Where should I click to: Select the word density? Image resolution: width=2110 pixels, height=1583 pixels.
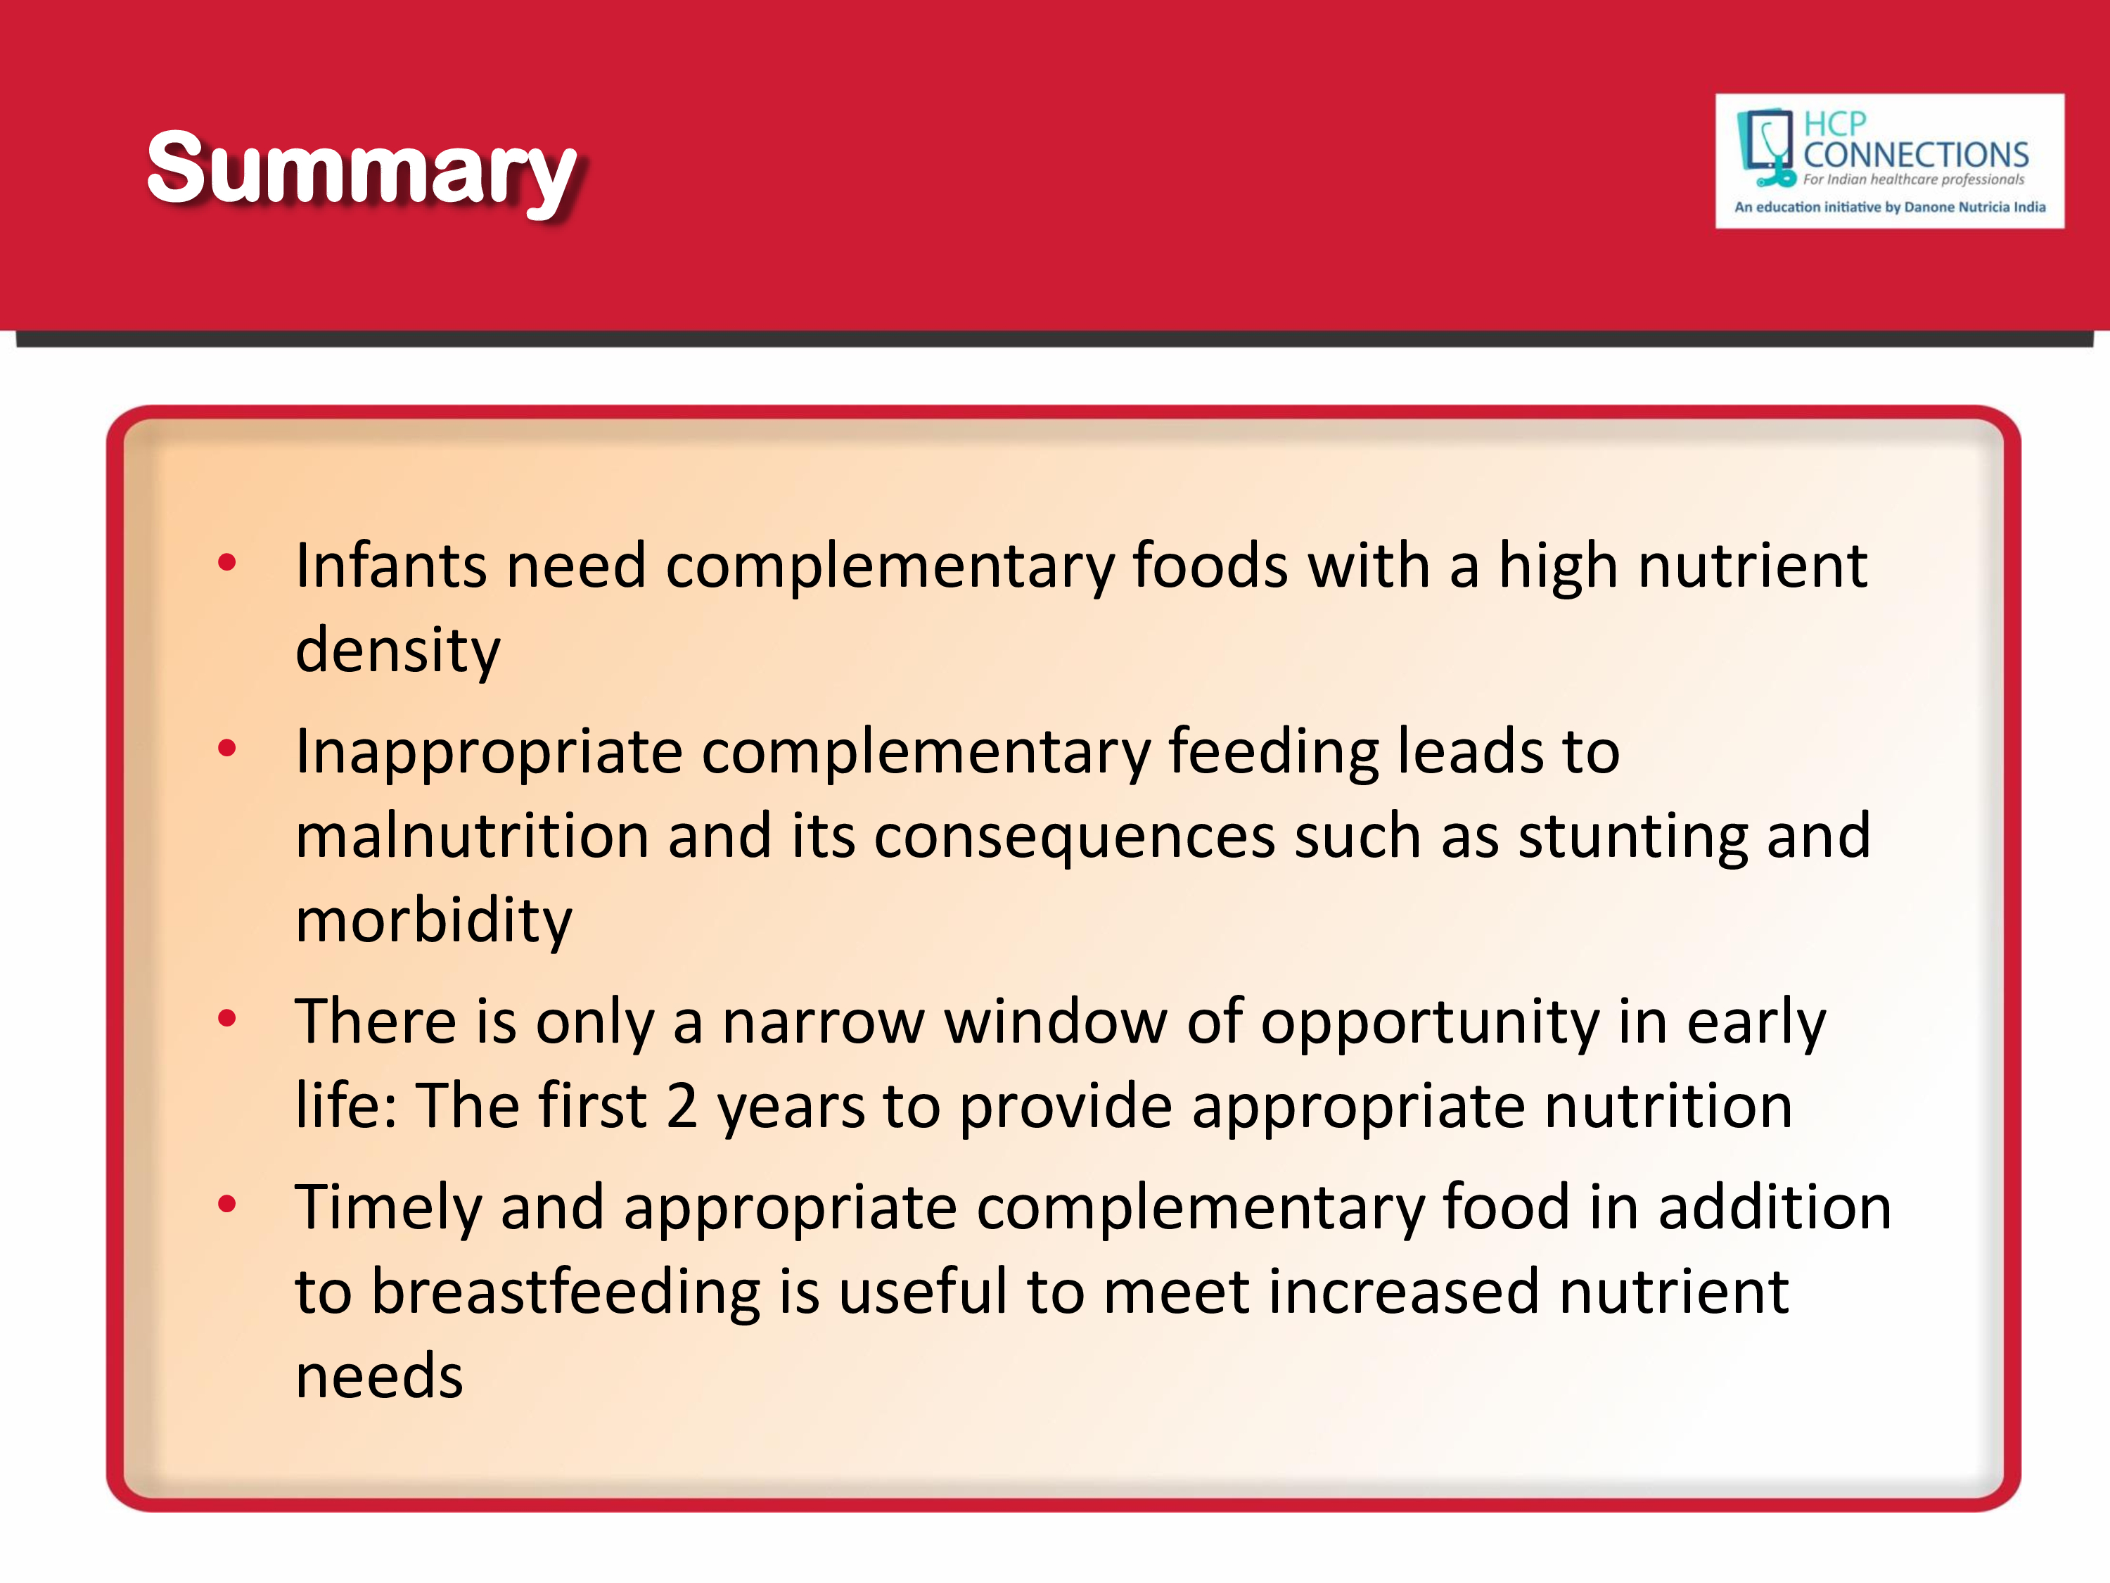click(x=398, y=651)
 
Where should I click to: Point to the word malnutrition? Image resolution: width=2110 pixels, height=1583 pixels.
click(x=472, y=836)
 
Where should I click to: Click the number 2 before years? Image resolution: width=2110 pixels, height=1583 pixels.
click(x=681, y=1107)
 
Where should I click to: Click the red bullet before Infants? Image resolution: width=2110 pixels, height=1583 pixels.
click(x=227, y=562)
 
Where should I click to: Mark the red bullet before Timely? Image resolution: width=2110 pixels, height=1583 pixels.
click(x=227, y=1204)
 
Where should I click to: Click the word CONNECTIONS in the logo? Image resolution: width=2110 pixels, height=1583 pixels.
click(x=1915, y=155)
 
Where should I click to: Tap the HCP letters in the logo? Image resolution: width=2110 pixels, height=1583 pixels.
click(x=1834, y=123)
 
